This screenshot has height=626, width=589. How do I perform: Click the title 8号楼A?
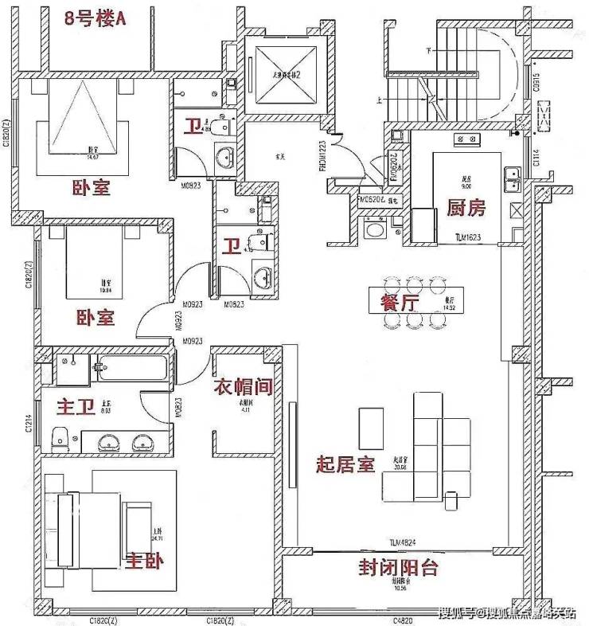[96, 18]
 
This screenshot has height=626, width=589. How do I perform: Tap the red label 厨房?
[466, 209]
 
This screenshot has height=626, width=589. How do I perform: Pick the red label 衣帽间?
[244, 387]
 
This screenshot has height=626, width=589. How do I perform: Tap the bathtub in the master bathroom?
[132, 369]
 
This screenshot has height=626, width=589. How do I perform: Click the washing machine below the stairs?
[373, 229]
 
